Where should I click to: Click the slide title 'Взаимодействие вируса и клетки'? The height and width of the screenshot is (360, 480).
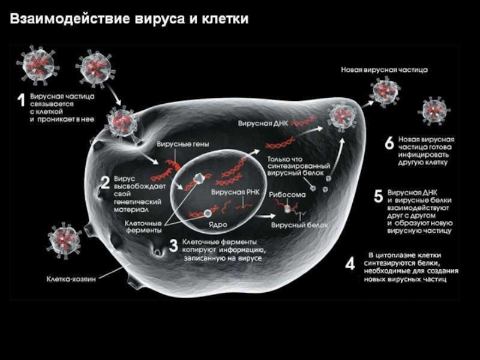point(128,20)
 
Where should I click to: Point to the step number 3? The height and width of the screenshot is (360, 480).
point(173,246)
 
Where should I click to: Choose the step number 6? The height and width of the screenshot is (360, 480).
point(389,143)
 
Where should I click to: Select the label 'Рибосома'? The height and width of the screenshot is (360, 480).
point(287,196)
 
